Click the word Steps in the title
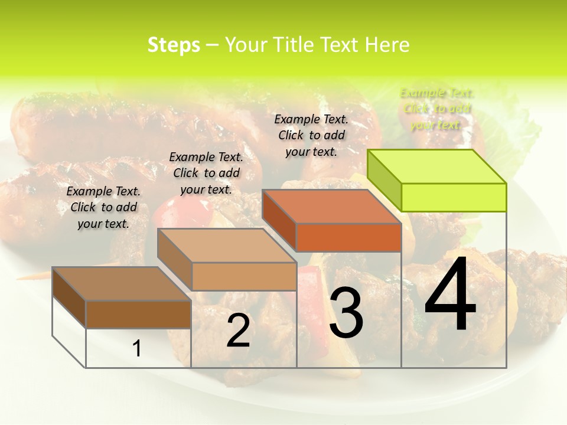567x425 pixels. pyautogui.click(x=174, y=45)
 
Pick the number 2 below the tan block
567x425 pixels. pyautogui.click(x=238, y=331)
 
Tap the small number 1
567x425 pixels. pyautogui.click(x=136, y=349)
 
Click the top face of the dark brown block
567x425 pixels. pyautogui.click(x=121, y=284)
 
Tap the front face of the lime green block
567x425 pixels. pyautogui.click(x=454, y=197)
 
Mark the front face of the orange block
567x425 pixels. pyautogui.click(x=348, y=237)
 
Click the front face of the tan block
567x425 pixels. pyautogui.click(x=244, y=276)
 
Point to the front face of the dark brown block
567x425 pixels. pyautogui.click(x=138, y=314)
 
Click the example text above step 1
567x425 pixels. pyautogui.click(x=103, y=207)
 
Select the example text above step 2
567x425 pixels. pyautogui.click(x=206, y=173)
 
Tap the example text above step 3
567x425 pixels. pyautogui.click(x=311, y=135)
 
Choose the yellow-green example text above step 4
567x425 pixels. pyautogui.click(x=437, y=109)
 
